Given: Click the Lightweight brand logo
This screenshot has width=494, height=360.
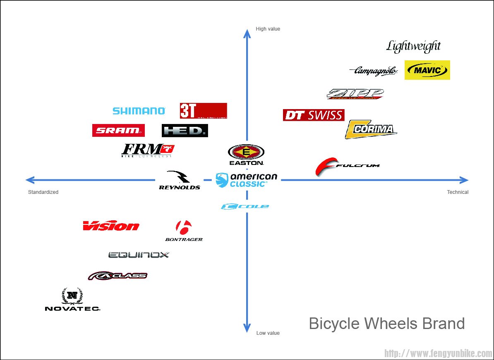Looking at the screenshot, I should click(x=413, y=46).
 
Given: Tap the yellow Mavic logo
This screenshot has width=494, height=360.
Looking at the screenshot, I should click(x=427, y=70).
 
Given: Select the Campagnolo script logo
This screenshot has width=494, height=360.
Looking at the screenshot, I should click(x=374, y=71).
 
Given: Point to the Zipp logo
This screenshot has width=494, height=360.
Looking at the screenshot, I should click(x=355, y=94).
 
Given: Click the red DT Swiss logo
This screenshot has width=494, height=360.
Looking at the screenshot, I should click(x=314, y=115).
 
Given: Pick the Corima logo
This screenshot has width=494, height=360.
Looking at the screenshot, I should click(x=371, y=129).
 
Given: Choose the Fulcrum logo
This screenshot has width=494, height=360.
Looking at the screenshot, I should click(x=347, y=166).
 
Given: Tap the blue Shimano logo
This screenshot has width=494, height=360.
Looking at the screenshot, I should click(x=139, y=111).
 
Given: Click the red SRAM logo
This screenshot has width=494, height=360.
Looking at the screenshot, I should click(x=118, y=131).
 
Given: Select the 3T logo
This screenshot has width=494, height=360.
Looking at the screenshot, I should click(x=203, y=111).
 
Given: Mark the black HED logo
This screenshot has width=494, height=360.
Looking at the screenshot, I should click(x=185, y=131).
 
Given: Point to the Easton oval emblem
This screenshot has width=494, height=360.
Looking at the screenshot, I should click(x=246, y=153).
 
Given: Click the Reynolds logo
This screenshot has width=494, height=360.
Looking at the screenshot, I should click(x=179, y=181).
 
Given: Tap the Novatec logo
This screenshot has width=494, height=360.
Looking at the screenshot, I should click(x=72, y=300).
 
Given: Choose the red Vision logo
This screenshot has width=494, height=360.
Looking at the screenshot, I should click(x=111, y=226).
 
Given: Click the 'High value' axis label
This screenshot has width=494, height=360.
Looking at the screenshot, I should click(x=268, y=29).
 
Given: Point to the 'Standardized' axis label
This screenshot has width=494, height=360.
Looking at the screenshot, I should click(x=43, y=192).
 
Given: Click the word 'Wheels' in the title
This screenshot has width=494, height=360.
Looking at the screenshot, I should click(x=393, y=324).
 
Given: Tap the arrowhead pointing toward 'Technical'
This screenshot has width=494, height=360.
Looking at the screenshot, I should click(x=464, y=180).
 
